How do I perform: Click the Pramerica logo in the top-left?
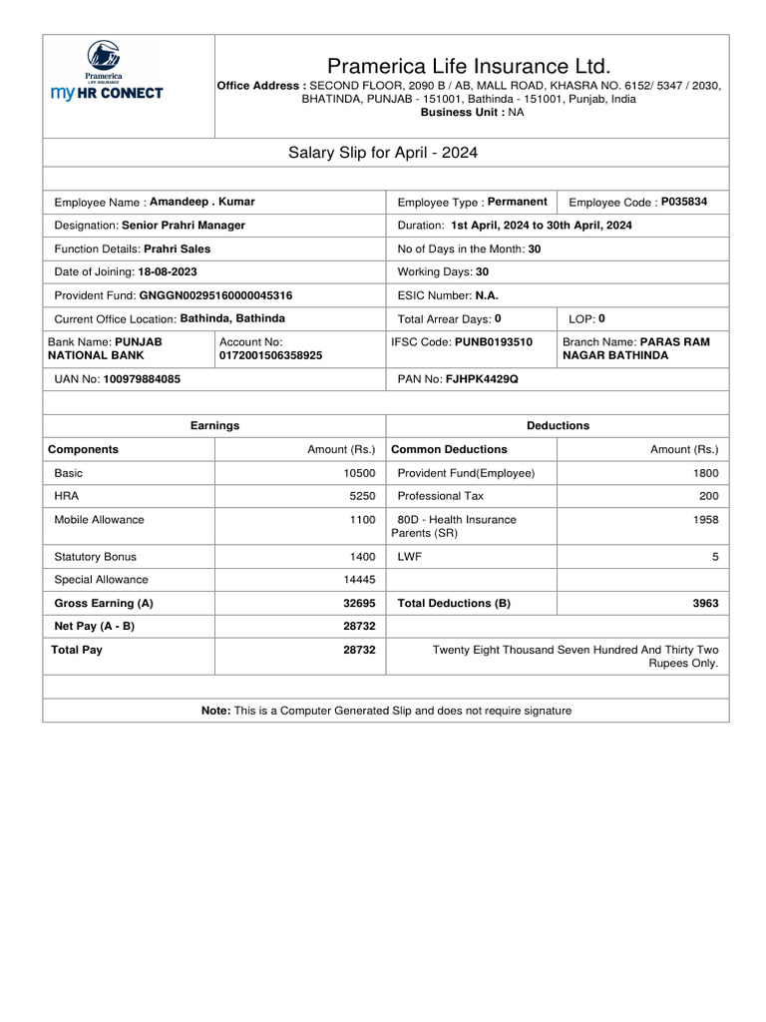coord(106,71)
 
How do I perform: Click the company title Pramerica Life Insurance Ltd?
coord(469,66)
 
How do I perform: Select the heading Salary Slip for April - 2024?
coord(383,153)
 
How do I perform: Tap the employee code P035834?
coord(684,202)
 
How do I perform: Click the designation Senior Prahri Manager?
coord(183,226)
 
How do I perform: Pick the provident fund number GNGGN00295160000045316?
coord(215,295)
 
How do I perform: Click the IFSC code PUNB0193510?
coord(494,342)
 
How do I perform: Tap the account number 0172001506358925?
coord(270,355)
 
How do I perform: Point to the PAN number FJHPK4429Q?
coord(482,380)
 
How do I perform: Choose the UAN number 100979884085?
coord(142,380)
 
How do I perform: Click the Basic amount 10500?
coord(359,473)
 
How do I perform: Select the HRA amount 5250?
coord(362,496)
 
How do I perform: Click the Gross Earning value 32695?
coord(359,604)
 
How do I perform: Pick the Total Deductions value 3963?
coord(704,604)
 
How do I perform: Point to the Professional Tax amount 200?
coord(708,496)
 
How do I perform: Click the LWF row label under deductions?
coord(409,557)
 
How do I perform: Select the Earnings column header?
coord(214,425)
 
